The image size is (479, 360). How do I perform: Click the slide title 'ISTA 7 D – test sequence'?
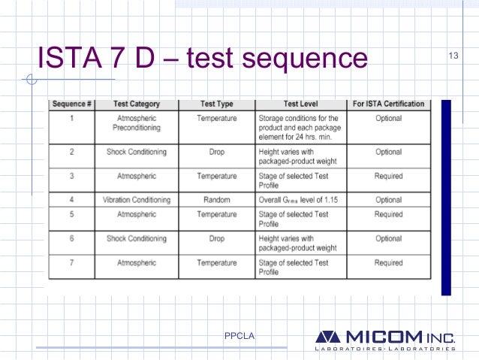tap(203, 58)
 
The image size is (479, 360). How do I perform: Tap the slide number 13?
tap(453, 57)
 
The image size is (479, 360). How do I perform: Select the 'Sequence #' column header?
tap(71, 104)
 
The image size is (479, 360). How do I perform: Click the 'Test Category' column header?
tap(136, 104)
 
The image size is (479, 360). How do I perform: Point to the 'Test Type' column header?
tap(217, 104)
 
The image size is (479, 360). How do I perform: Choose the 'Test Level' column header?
tap(299, 104)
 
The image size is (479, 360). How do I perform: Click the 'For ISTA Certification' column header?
tap(388, 104)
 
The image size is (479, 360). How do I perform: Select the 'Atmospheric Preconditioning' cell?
tap(136, 123)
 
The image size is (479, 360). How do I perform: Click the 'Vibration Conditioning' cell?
tap(136, 200)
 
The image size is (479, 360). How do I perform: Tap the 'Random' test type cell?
tap(217, 200)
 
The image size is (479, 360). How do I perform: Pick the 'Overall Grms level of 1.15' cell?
tap(300, 200)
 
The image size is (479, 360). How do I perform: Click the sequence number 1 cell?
tap(71, 118)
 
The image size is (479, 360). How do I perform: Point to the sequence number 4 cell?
tap(71, 200)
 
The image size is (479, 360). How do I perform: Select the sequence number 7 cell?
tap(71, 262)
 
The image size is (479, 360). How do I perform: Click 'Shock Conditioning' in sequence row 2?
tap(136, 152)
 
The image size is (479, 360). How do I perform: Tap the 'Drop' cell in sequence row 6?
tap(217, 238)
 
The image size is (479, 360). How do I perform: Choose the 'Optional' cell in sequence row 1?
tap(388, 118)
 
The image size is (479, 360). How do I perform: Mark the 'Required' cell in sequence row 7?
tap(388, 262)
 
